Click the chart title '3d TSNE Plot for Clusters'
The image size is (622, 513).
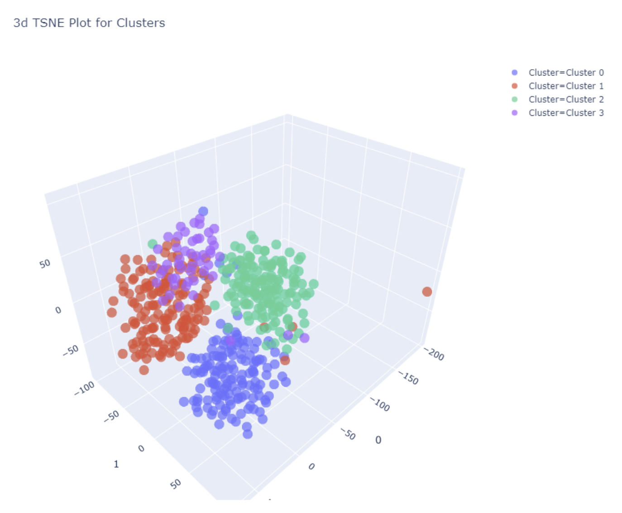tap(89, 23)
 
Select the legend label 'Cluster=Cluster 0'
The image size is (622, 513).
tap(566, 72)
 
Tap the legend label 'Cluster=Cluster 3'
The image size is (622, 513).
tap(566, 113)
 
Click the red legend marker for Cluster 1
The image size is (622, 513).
tap(515, 86)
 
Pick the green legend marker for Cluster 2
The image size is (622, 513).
tap(515, 100)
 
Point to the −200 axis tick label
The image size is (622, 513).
tap(434, 354)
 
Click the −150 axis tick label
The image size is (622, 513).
tap(408, 377)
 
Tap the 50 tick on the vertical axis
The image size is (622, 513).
tap(45, 264)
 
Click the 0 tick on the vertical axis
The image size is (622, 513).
tap(58, 310)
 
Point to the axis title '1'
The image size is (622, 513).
tap(116, 464)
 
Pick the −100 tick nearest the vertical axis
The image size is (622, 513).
tap(84, 388)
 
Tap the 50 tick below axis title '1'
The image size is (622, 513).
tap(176, 484)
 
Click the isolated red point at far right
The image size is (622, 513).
tap(427, 292)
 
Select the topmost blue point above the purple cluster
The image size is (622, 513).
tap(203, 211)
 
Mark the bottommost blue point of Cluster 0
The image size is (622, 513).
tap(248, 434)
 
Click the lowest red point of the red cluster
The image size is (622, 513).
tap(144, 370)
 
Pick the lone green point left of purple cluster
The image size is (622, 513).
tap(153, 244)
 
